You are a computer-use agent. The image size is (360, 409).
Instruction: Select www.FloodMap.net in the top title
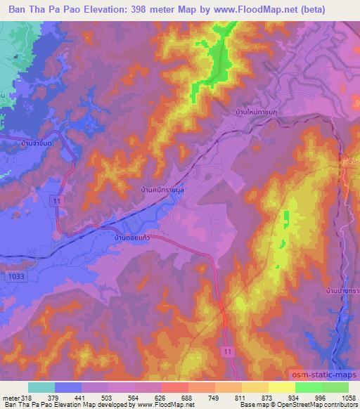coord(277,10)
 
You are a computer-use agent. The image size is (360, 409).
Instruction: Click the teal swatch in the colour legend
coord(41,387)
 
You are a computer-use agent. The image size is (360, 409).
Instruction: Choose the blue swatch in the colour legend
coord(68,387)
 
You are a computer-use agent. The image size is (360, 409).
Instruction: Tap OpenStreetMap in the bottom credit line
coord(318,405)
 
